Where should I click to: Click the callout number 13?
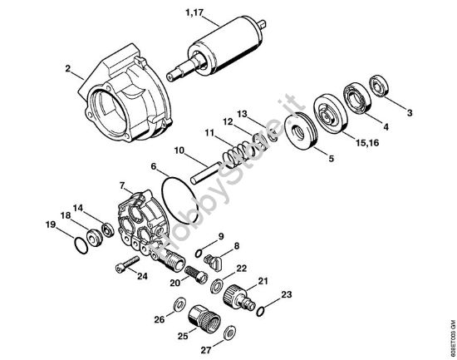(243, 114)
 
